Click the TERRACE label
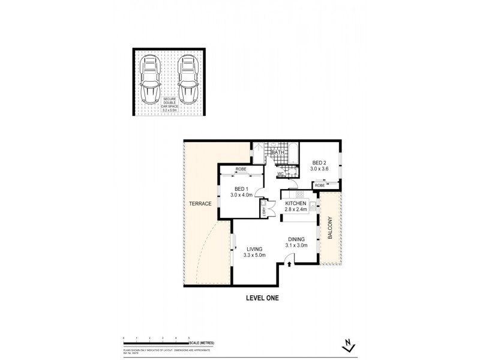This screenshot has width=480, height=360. click(x=201, y=203)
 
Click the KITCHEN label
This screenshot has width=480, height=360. click(x=295, y=203)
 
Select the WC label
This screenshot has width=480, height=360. click(x=280, y=175)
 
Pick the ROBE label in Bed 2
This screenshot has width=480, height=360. click(x=320, y=185)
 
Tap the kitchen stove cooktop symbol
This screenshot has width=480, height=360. click(x=300, y=194)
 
